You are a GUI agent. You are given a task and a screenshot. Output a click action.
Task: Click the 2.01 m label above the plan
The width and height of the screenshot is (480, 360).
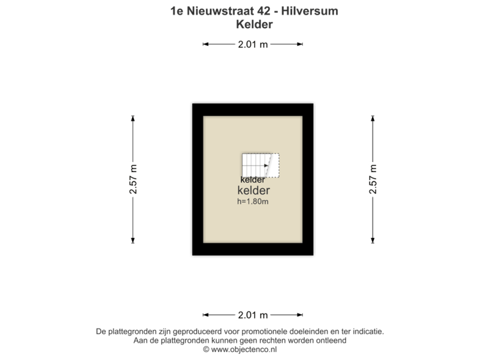[x=253, y=45]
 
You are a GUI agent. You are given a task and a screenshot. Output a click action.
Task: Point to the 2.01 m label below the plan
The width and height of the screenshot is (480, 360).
[x=253, y=315]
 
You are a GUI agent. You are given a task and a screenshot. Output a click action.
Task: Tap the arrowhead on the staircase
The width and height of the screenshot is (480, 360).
[x=267, y=166]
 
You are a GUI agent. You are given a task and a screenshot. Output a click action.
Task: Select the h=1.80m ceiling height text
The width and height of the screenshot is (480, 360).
[x=253, y=201]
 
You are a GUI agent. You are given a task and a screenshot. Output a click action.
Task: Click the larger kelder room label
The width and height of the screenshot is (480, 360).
[x=253, y=191]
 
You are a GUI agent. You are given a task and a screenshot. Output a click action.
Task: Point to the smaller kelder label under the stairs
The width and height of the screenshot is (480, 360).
[x=253, y=179]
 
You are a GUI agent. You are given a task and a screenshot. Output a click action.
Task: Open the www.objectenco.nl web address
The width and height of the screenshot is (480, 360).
[x=243, y=349]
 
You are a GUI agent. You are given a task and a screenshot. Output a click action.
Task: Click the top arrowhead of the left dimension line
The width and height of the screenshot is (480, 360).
[x=133, y=118]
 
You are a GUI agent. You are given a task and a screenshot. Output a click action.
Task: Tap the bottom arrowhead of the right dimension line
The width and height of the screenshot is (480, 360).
[x=373, y=241]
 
